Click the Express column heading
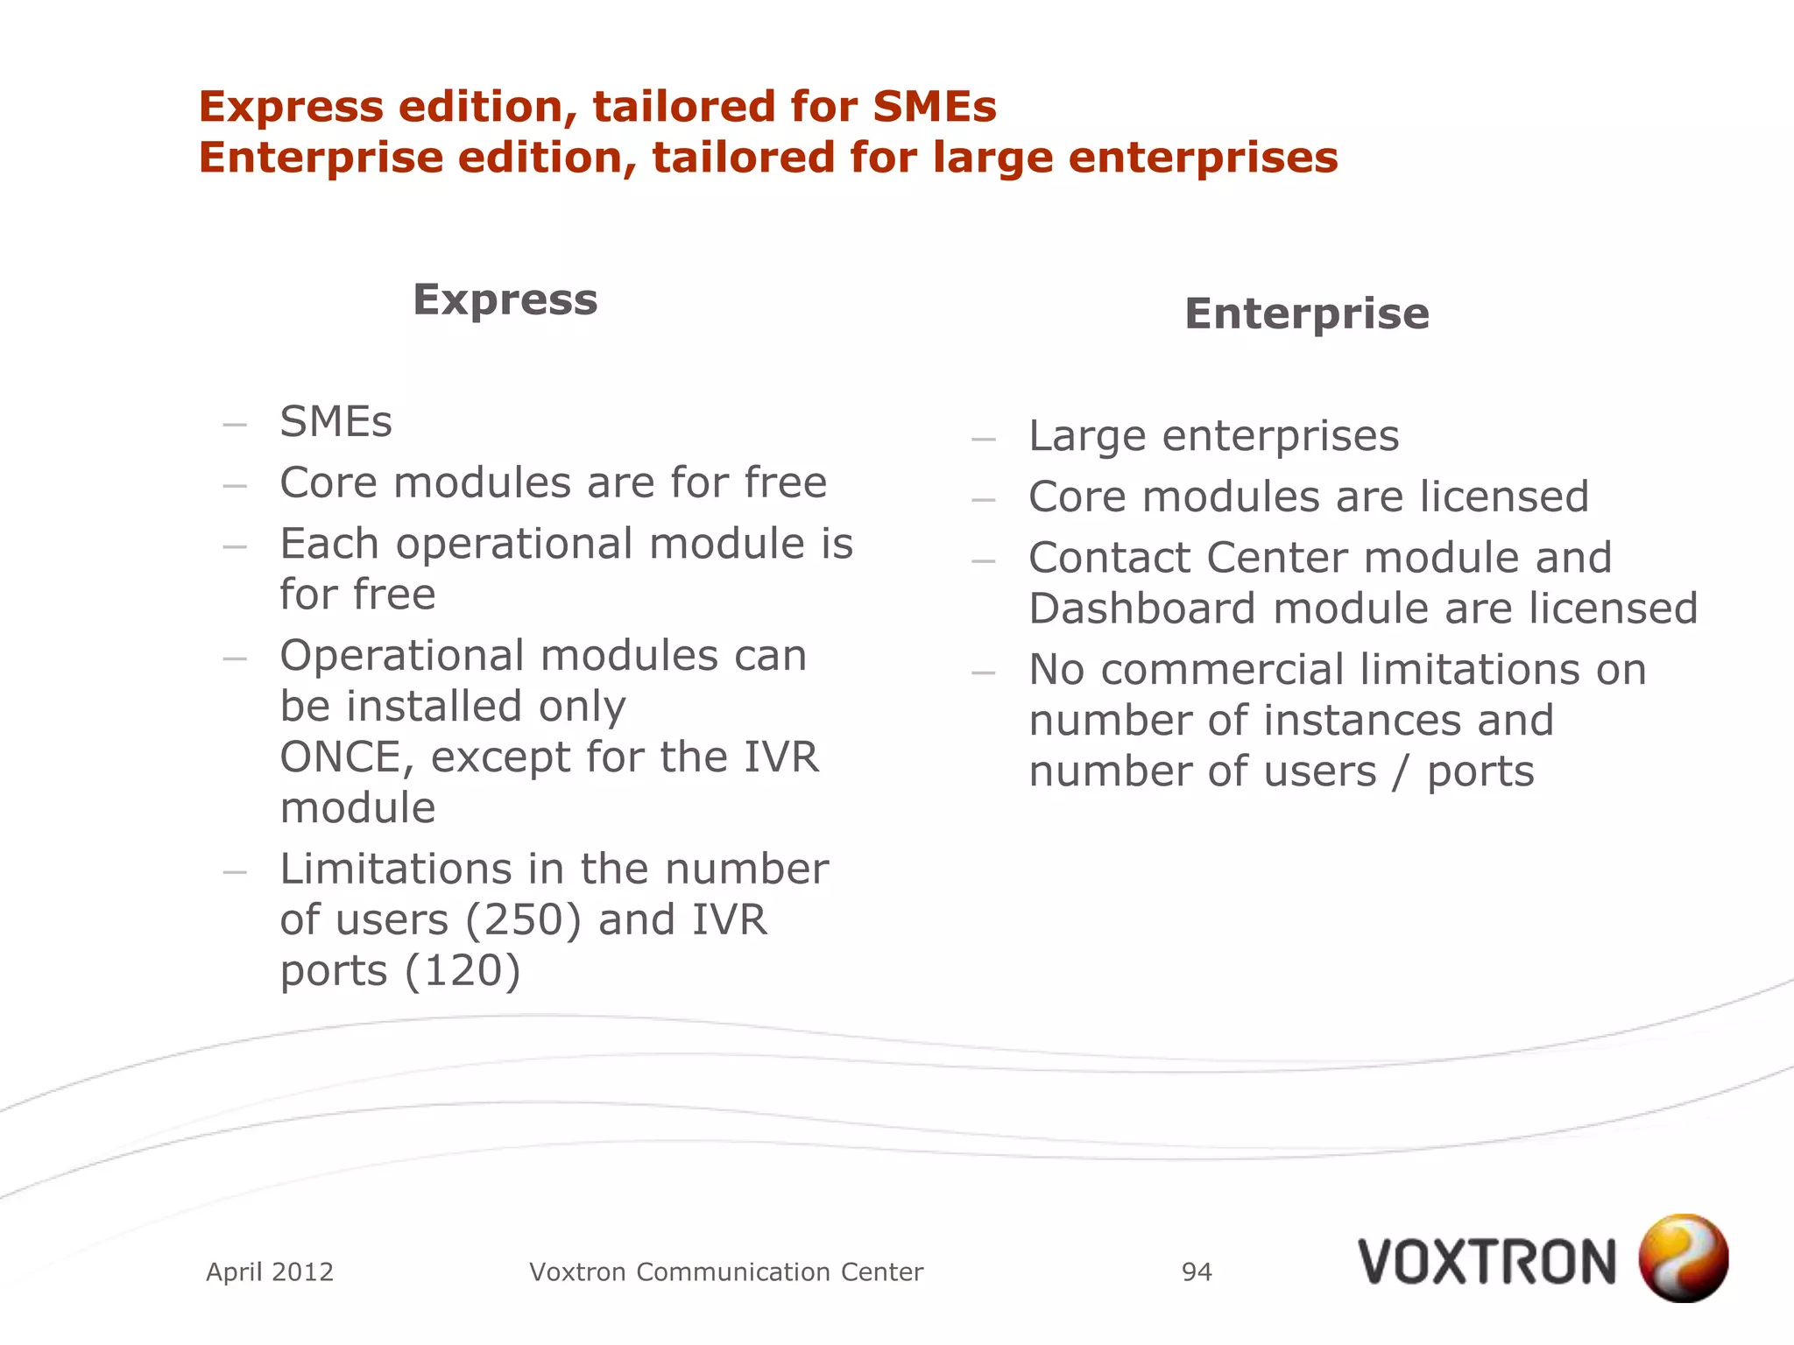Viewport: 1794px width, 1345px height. [505, 299]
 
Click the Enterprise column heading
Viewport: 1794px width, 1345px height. [1306, 313]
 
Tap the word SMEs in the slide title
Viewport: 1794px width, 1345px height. [934, 107]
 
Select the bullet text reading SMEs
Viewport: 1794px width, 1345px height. [335, 422]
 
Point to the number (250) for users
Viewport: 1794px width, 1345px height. [524, 920]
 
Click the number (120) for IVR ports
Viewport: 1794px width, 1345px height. [463, 971]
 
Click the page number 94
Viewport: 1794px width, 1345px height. [1197, 1271]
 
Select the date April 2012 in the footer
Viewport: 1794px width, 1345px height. [270, 1271]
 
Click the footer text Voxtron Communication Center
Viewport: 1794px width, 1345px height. [726, 1271]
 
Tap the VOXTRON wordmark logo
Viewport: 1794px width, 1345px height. [1487, 1263]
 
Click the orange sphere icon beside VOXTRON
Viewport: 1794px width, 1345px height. [1683, 1257]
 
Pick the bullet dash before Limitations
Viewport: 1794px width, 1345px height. [235, 871]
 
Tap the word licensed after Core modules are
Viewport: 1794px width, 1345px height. [1503, 496]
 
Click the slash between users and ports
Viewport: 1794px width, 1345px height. [1402, 772]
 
